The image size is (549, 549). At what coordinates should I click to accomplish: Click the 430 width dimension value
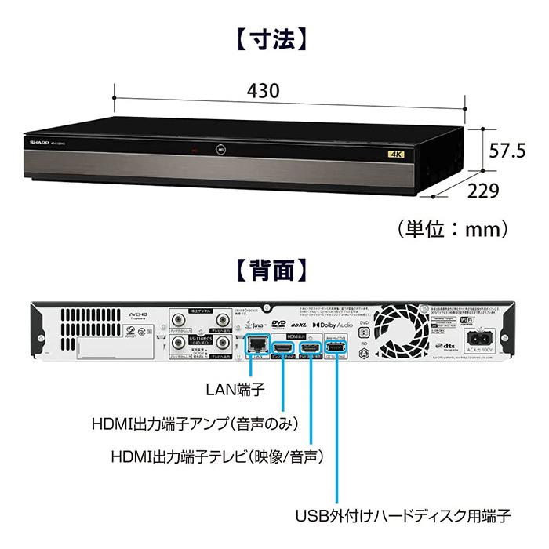click(264, 90)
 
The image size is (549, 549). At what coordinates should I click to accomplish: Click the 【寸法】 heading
click(274, 38)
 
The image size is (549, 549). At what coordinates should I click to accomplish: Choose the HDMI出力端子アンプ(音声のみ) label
click(196, 424)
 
